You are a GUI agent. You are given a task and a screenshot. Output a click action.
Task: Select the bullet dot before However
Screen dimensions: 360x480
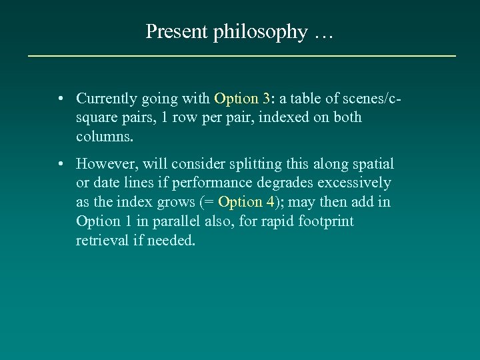pyautogui.click(x=61, y=164)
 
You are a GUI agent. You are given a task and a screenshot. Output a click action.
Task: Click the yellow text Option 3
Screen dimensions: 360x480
pyautogui.click(x=241, y=99)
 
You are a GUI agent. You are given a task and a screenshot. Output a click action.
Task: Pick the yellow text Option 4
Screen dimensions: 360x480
pyautogui.click(x=245, y=201)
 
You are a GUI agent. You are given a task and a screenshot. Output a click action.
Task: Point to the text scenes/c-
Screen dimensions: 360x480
pyautogui.click(x=371, y=99)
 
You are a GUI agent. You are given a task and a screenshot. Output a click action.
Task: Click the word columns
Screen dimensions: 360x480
pyautogui.click(x=105, y=137)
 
